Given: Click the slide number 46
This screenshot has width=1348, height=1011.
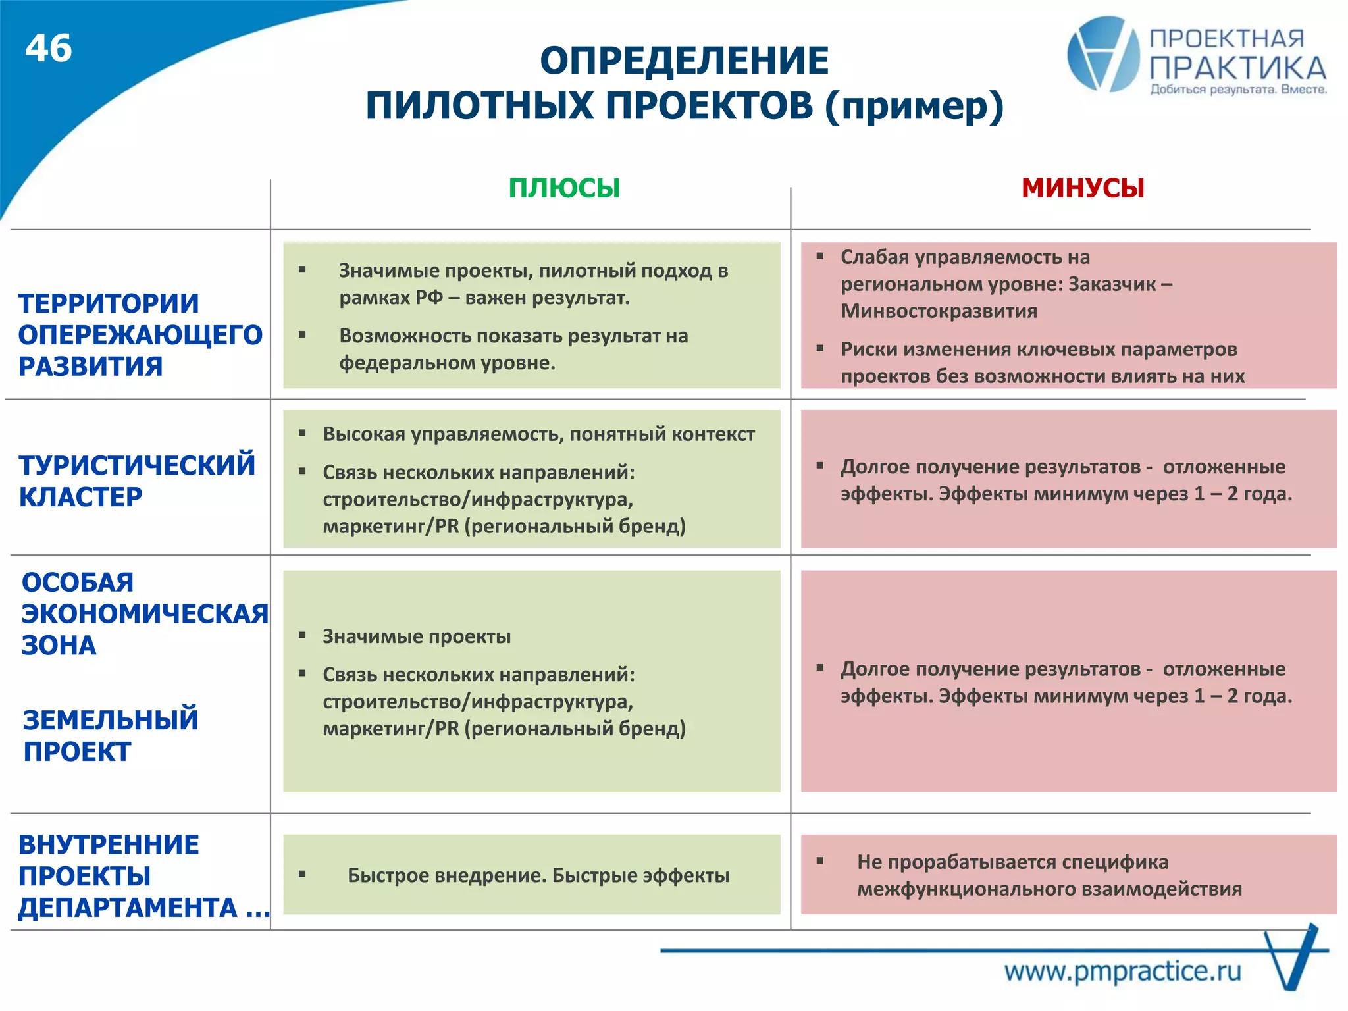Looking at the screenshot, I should [x=49, y=49].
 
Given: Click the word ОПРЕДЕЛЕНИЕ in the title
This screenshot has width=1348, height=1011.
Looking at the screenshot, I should [x=684, y=61].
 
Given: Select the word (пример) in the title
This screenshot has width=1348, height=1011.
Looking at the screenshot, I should [x=914, y=106].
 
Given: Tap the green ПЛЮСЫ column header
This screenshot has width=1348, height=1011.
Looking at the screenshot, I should [x=564, y=188].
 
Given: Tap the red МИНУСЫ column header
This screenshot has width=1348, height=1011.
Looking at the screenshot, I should [x=1083, y=188].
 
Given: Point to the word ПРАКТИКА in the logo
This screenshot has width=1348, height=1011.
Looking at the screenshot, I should [x=1237, y=68].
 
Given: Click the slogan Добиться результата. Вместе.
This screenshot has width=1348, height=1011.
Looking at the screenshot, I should [x=1238, y=90].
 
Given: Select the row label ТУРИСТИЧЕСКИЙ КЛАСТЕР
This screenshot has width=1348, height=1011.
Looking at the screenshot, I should [x=136, y=480].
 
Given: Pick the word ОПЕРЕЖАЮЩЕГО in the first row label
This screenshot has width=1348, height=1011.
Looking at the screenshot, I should [x=140, y=335].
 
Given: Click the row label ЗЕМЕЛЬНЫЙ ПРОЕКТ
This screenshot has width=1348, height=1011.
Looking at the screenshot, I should [x=110, y=735].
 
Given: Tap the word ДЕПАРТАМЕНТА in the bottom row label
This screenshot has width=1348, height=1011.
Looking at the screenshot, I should [x=128, y=908].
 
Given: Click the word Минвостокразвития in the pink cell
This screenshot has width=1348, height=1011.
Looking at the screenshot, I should [x=939, y=311].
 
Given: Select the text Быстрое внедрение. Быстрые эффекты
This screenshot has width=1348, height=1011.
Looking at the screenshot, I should [x=538, y=875].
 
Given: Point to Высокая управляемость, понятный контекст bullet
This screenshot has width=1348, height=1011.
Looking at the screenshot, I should [x=538, y=434].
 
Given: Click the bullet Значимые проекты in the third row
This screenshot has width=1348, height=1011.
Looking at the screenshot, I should [x=416, y=636].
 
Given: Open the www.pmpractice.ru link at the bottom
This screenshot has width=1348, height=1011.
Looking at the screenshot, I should [x=1122, y=972].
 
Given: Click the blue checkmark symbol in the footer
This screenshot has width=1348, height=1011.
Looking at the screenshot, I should [x=1293, y=958].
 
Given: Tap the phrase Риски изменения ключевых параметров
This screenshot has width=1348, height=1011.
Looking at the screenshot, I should [x=1038, y=350].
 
